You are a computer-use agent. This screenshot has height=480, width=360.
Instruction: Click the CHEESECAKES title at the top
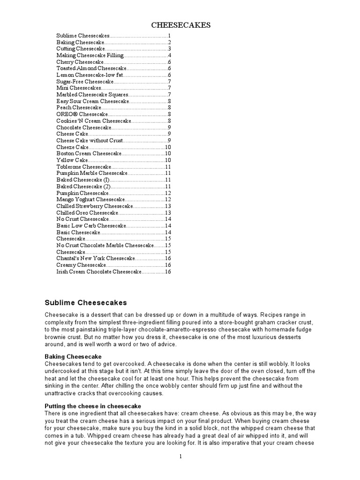click(180, 25)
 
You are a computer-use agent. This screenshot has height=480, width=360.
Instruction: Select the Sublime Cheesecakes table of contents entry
click(83, 36)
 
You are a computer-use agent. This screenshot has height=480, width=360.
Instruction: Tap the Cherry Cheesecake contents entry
click(80, 62)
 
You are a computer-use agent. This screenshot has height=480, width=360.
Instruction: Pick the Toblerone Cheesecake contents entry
click(84, 166)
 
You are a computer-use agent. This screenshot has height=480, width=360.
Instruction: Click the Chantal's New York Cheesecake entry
click(96, 258)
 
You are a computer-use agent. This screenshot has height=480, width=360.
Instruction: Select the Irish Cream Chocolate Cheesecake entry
click(98, 271)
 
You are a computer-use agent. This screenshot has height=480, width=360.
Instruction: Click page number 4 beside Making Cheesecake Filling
click(169, 55)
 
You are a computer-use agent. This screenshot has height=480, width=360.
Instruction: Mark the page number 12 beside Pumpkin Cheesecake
click(168, 193)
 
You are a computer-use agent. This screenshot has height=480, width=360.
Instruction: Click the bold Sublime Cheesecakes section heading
click(85, 302)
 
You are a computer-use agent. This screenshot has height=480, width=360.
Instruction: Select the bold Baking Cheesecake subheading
click(73, 357)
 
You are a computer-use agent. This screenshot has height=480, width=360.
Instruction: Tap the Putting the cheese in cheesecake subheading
click(93, 405)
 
